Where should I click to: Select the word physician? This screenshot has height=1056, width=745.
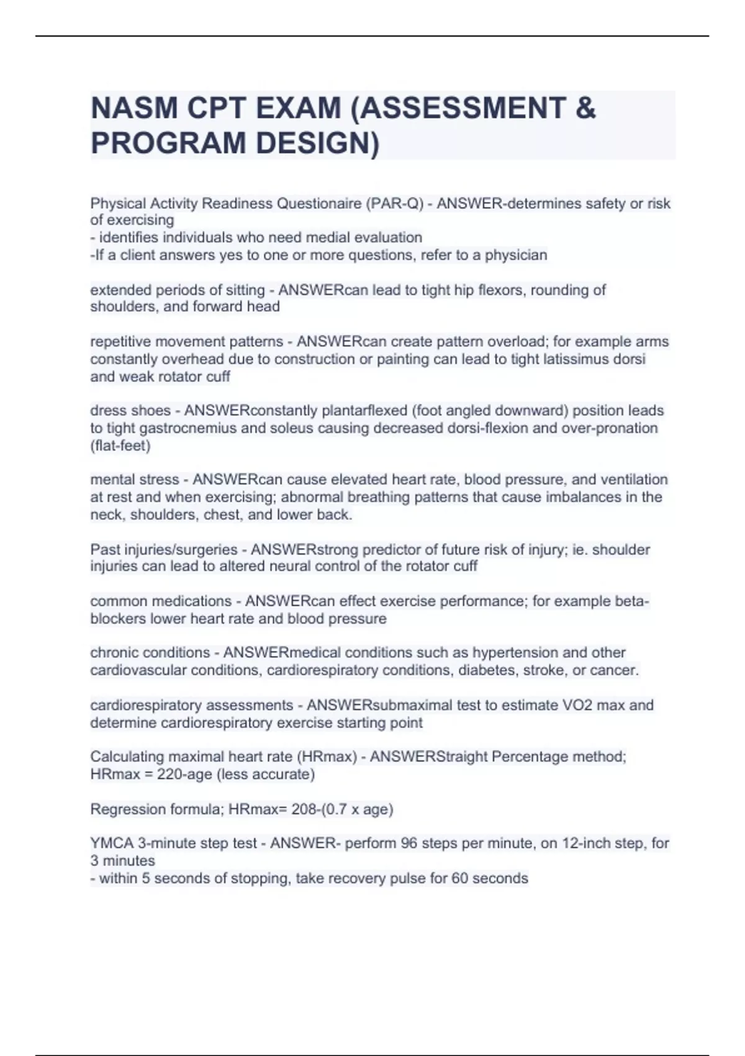coord(516,255)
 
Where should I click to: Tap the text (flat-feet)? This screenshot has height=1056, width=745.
coord(120,445)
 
